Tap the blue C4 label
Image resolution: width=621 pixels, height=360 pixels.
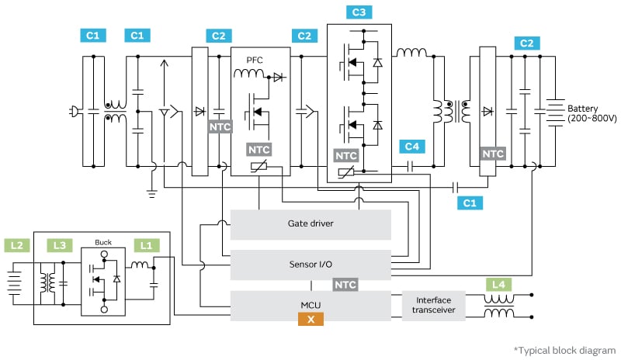pyautogui.click(x=412, y=146)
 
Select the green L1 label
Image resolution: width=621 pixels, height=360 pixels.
pyautogui.click(x=146, y=245)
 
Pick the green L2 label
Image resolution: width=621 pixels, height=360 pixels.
pyautogui.click(x=16, y=245)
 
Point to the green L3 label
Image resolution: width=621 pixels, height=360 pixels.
pyautogui.click(x=59, y=245)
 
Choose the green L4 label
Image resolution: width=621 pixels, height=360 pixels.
pyautogui.click(x=497, y=285)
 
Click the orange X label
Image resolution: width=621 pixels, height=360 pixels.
pyautogui.click(x=311, y=319)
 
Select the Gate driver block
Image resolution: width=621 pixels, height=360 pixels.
pyautogui.click(x=310, y=224)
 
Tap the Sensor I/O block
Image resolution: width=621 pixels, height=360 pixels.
pyautogui.click(x=310, y=265)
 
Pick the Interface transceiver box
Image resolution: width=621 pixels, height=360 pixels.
pyautogui.click(x=433, y=306)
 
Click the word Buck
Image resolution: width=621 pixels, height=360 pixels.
pyautogui.click(x=103, y=241)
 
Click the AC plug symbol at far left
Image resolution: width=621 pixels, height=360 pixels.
pyautogui.click(x=73, y=111)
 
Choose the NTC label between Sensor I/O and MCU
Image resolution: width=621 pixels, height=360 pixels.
pyautogui.click(x=345, y=285)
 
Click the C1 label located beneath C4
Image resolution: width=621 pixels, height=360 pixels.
pyautogui.click(x=469, y=202)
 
